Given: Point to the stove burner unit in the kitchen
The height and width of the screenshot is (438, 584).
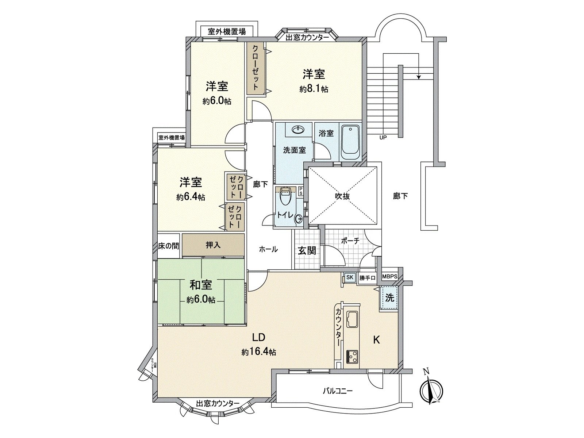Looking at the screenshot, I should pyautogui.click(x=352, y=356).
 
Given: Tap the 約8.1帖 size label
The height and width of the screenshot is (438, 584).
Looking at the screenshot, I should pyautogui.click(x=314, y=89).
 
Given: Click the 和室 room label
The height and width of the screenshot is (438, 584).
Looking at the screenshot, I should pyautogui.click(x=200, y=285).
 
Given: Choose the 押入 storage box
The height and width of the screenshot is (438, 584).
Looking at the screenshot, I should pyautogui.click(x=213, y=245).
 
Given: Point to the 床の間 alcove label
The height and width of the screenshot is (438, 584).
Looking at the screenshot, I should pyautogui.click(x=169, y=246).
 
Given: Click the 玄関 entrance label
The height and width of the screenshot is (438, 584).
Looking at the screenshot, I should pyautogui.click(x=307, y=251).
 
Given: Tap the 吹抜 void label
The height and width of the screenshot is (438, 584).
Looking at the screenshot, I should pyautogui.click(x=343, y=196).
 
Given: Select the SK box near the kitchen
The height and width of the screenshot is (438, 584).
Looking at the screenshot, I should pyautogui.click(x=350, y=277).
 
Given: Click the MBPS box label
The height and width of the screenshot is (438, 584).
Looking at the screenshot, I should pyautogui.click(x=390, y=276).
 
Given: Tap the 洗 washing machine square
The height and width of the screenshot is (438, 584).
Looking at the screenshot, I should pyautogui.click(x=390, y=298).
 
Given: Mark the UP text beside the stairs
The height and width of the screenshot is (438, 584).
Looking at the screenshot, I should pyautogui.click(x=383, y=138).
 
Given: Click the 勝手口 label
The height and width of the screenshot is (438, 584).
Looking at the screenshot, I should pyautogui.click(x=367, y=278).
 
